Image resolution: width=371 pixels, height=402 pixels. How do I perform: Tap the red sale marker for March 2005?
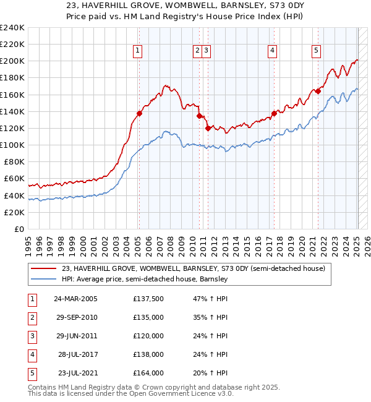pyautogui.click(x=139, y=113)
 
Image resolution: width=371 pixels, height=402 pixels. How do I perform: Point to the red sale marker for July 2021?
pyautogui.click(x=318, y=91)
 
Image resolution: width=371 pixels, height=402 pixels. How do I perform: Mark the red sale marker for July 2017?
pyautogui.click(x=274, y=113)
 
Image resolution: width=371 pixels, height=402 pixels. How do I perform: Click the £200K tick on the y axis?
pyautogui.click(x=12, y=61)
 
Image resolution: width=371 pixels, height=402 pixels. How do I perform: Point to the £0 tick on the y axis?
pyautogui.click(x=19, y=229)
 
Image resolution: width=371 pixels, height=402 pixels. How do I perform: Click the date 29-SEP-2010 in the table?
pyautogui.click(x=75, y=317)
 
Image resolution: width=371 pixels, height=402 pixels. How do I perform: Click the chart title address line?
pyautogui.click(x=185, y=7)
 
